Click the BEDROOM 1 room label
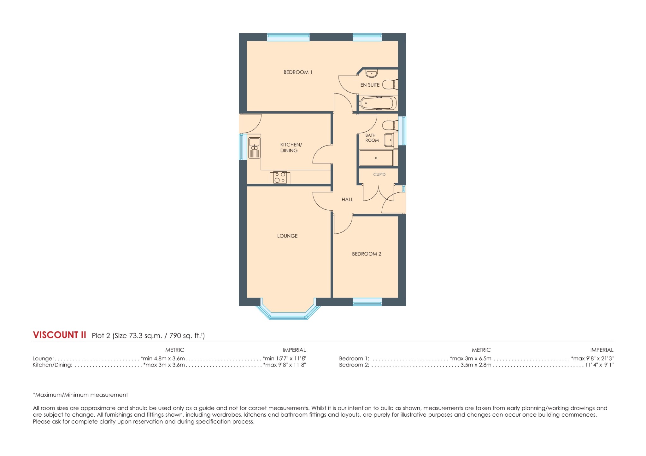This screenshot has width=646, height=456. [x=297, y=72]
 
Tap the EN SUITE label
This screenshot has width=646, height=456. [x=370, y=85]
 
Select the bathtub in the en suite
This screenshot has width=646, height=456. [x=378, y=103]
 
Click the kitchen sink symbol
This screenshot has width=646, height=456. [x=254, y=147]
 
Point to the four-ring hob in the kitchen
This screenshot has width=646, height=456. [x=280, y=177]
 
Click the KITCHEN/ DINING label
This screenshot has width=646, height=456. [x=291, y=147]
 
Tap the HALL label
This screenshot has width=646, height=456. [x=347, y=200]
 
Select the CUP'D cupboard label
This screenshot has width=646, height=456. [x=379, y=174]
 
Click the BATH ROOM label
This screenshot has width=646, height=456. [x=372, y=138]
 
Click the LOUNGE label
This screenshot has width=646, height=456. [x=287, y=236]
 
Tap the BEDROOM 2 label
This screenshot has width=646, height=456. [x=366, y=254]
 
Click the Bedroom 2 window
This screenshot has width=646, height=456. [x=367, y=302]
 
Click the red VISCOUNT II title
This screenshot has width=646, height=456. [x=59, y=335]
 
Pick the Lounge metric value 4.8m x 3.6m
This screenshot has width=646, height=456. [x=163, y=358]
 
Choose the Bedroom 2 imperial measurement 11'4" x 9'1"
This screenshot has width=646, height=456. [x=599, y=365]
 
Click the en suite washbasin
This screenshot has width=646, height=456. [x=371, y=74]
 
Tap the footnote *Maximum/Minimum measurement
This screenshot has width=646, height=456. [x=80, y=395]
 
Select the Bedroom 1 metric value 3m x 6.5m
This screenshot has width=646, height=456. [x=471, y=358]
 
